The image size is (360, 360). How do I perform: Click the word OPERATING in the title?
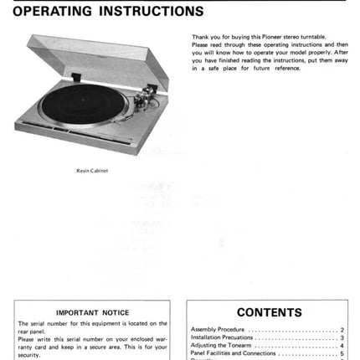pos(54,12)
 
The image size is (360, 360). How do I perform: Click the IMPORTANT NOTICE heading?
pos(92,312)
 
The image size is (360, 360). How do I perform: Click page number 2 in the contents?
pos(342,330)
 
